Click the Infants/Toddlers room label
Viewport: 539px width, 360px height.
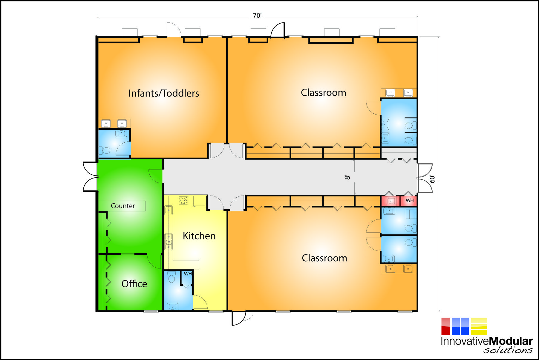[164, 93]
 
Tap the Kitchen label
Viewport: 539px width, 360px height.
[199, 236]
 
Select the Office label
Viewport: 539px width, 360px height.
[134, 284]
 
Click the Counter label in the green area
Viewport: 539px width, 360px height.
[122, 206]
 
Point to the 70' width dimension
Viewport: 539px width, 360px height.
[257, 16]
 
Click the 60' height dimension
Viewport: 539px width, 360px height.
[432, 179]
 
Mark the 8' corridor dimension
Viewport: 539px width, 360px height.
[347, 177]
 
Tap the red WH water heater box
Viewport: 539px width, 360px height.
[409, 200]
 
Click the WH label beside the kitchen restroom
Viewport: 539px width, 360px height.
[188, 274]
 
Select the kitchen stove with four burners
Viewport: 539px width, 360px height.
[183, 200]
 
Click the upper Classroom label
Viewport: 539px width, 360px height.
[323, 93]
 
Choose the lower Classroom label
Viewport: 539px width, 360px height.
[324, 258]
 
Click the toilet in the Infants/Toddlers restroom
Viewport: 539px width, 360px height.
[104, 150]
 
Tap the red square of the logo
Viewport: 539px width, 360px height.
[445, 326]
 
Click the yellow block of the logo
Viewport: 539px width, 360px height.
[479, 326]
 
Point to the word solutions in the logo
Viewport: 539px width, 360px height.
[508, 350]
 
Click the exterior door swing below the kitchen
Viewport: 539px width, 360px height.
[239, 318]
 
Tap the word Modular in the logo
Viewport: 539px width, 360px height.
[511, 341]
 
